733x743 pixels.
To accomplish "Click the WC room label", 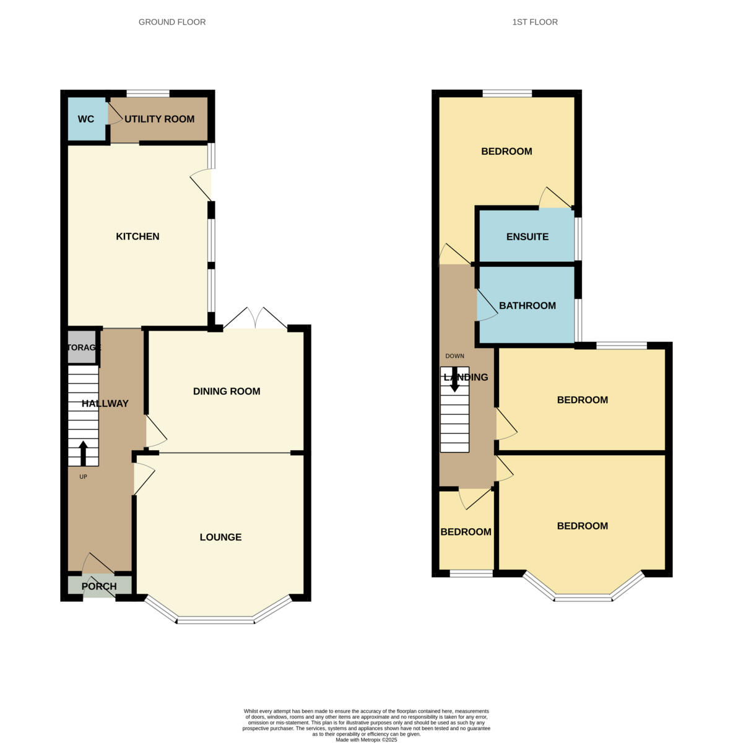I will coord(86,119).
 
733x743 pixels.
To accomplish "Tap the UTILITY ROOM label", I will coord(159,119).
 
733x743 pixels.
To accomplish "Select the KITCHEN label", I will coord(137,237).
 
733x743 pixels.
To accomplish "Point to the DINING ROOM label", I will coord(227,391).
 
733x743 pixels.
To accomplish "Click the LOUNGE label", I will coord(220,537).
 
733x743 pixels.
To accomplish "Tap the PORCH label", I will coord(99,586).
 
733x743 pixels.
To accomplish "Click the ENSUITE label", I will coord(527,237).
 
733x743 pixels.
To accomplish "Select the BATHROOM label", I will coord(527,306).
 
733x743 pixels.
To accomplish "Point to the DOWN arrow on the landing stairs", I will coord(454,380).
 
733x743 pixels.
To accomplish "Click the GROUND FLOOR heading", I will coord(172,22).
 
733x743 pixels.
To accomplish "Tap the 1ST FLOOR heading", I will coord(535,22).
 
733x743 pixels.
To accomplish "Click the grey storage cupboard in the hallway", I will coord(82,347).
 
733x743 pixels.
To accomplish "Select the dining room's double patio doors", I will coord(255,318).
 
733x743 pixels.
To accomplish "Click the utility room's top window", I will coord(147,94).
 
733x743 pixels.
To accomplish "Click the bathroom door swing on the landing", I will coord(487,306).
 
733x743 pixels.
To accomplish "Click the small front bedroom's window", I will coord(471,574).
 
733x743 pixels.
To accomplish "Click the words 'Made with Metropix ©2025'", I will coord(366,739).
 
